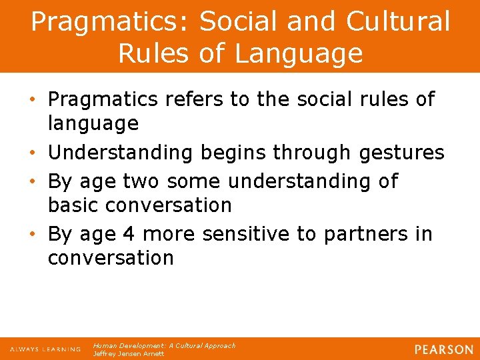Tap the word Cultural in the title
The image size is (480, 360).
pos(398,22)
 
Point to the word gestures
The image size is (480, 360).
pos(401,153)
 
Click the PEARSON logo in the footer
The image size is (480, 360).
pos(443,349)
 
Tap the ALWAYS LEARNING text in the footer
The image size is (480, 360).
pos(45,349)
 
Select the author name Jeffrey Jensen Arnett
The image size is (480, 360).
pos(128,354)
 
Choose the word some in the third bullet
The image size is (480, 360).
pos(195,181)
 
